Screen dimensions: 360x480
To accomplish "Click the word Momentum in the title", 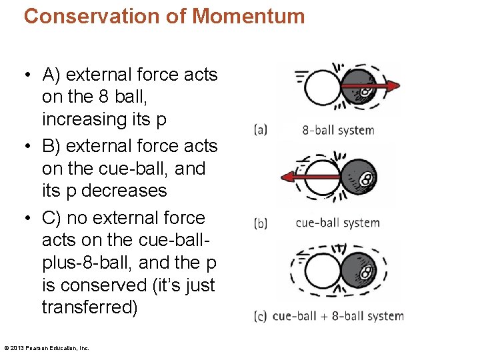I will [249, 15].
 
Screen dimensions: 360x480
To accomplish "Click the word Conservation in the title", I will [94, 15].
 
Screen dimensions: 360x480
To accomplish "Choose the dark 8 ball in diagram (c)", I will [359, 273].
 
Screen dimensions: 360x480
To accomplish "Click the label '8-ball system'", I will [338, 130].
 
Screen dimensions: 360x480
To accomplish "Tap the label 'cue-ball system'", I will [337, 223].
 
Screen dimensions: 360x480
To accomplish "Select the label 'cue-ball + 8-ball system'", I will [338, 316].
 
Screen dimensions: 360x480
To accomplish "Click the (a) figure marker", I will [261, 130].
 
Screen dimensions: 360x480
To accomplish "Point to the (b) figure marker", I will [261, 223].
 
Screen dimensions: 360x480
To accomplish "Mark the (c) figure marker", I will [261, 316].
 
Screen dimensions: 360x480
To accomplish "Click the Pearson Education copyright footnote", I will [47, 347].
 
